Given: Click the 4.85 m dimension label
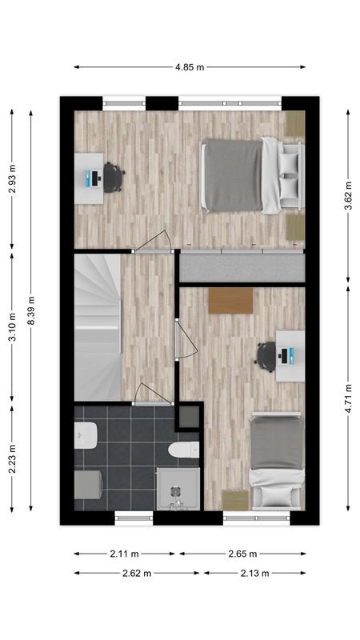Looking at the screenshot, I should pos(190,67).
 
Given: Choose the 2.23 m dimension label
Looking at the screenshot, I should pos(12,458).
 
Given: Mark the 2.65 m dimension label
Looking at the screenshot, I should pos(242,553).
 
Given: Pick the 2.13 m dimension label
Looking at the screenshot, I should pos(254,573).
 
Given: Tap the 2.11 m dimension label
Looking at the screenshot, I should pos(124,553).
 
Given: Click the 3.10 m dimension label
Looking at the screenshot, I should pos(12,328).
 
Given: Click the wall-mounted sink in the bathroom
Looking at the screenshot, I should pos(85,437).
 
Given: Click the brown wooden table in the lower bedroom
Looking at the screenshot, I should pos(230,301).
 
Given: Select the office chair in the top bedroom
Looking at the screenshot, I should pos(113,178).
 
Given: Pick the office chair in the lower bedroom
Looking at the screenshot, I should pos(266,356).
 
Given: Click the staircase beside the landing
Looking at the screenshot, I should pos(97,324).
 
